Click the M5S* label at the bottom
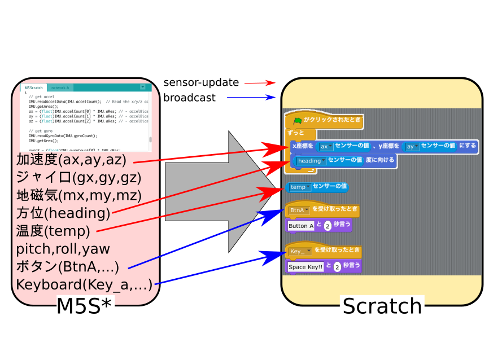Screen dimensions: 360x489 (85, 306)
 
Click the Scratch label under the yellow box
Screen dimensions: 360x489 (382, 306)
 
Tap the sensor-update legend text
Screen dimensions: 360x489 (201, 82)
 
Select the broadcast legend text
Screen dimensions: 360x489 (189, 98)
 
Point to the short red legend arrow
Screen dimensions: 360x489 (259, 83)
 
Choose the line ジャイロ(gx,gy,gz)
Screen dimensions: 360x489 (78, 178)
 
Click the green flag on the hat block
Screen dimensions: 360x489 (298, 120)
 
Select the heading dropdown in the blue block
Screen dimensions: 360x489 (311, 161)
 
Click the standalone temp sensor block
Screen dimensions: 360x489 (317, 187)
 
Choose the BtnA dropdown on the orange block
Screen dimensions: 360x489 (299, 210)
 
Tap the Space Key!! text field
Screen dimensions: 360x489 (305, 266)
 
